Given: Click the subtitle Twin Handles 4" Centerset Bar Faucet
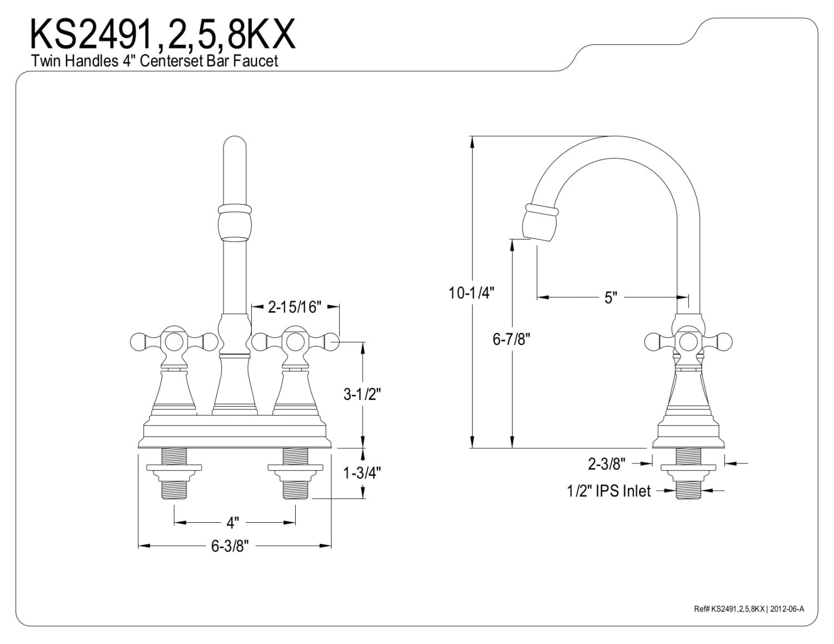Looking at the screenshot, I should tap(155, 61).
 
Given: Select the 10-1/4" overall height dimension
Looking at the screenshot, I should tap(471, 293).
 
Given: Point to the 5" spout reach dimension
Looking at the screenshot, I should tap(610, 298).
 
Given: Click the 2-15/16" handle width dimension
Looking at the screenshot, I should tap(295, 307).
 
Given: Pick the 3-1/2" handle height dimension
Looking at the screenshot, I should tap(361, 395).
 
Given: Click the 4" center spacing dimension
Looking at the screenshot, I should tap(232, 522).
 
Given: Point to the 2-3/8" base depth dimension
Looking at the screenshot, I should tap(607, 462).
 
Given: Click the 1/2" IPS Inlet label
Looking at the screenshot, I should tap(608, 491).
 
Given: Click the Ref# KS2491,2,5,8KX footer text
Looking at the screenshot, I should tap(748, 609).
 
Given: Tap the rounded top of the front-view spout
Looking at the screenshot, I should tap(234, 146).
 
